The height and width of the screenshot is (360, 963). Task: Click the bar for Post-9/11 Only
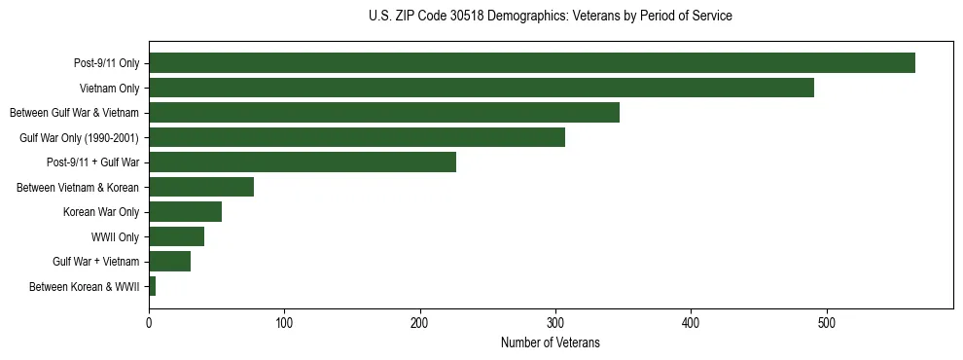[x=532, y=63]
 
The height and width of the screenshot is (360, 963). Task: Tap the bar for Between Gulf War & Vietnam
[x=384, y=113]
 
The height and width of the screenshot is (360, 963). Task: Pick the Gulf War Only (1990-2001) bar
[x=357, y=137]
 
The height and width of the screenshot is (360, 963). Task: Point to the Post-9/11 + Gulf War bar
[x=303, y=162]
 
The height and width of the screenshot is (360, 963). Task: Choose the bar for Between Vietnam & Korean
[x=201, y=187]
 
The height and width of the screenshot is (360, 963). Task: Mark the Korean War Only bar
[x=185, y=212]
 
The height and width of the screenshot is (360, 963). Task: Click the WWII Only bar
[x=176, y=236]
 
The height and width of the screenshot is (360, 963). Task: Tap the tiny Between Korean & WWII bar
[x=153, y=286]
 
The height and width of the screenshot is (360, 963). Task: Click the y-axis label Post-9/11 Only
[x=107, y=63]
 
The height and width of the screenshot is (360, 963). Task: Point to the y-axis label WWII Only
[x=115, y=236]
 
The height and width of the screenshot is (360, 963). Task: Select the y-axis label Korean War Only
[x=101, y=212]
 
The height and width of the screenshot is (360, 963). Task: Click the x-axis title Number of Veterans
[x=550, y=343]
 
